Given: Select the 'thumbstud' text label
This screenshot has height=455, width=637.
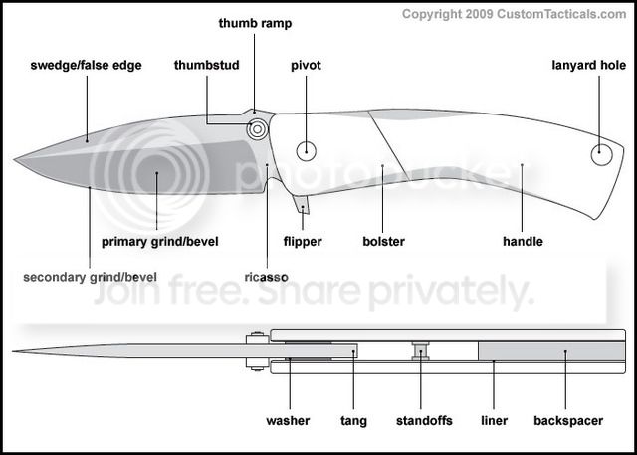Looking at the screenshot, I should pyautogui.click(x=207, y=66).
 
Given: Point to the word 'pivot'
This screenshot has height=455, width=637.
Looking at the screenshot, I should pyautogui.click(x=307, y=66).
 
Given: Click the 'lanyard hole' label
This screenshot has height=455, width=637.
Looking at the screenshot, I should pyautogui.click(x=588, y=66).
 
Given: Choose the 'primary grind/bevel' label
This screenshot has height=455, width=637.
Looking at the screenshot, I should pyautogui.click(x=159, y=241).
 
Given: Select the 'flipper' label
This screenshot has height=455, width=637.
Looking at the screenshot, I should pyautogui.click(x=303, y=241).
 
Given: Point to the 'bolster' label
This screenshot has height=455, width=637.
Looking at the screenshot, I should pyautogui.click(x=383, y=241).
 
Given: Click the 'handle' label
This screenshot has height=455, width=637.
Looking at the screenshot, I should pyautogui.click(x=523, y=241).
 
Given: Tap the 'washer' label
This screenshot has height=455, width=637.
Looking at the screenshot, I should pyautogui.click(x=288, y=421).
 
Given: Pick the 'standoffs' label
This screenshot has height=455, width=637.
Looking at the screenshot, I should pyautogui.click(x=422, y=421).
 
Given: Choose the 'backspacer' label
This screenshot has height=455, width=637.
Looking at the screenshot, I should pyautogui.click(x=568, y=421).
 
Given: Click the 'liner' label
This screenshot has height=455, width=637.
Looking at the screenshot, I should pyautogui.click(x=495, y=421).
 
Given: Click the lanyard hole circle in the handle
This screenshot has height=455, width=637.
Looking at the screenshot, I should pyautogui.click(x=601, y=154).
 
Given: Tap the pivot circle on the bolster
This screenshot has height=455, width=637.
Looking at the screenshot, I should pyautogui.click(x=307, y=151).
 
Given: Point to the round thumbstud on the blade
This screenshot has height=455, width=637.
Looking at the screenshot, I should pyautogui.click(x=258, y=127).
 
